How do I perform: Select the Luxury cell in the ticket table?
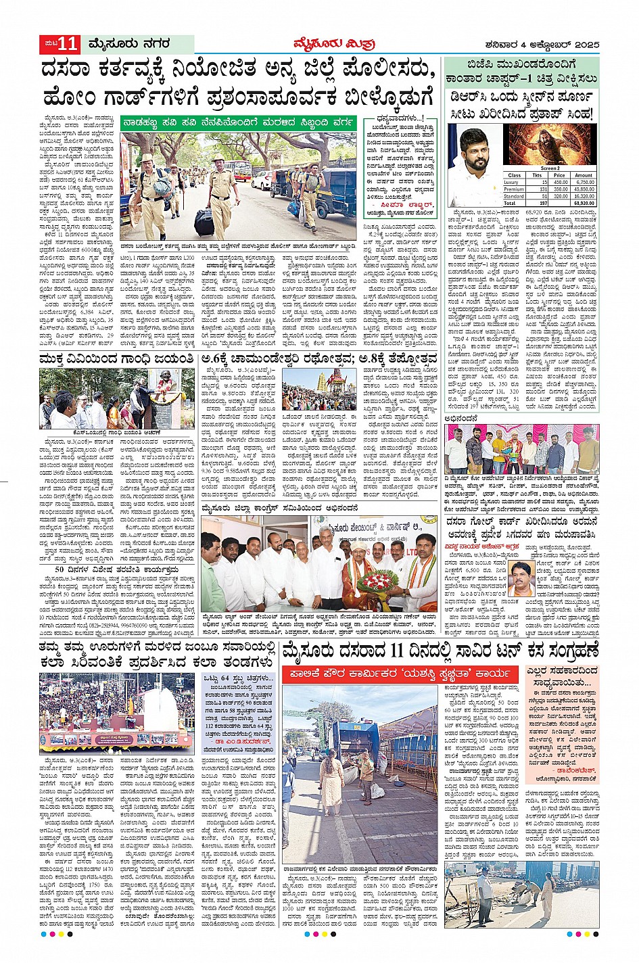(x=512, y=182)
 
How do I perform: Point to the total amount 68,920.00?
(x=584, y=203)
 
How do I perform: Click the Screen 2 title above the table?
(x=549, y=168)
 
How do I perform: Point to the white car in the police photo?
(x=263, y=179)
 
